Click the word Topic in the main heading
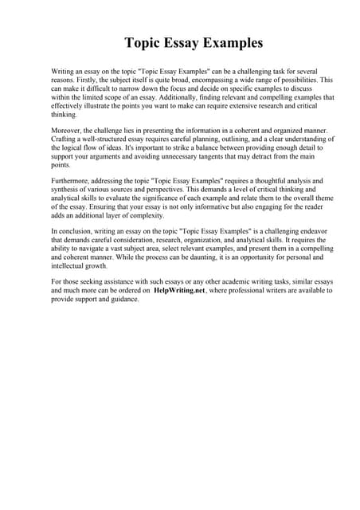[x=143, y=43]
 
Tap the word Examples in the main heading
[x=231, y=43]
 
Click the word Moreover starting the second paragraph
[x=68, y=130]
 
